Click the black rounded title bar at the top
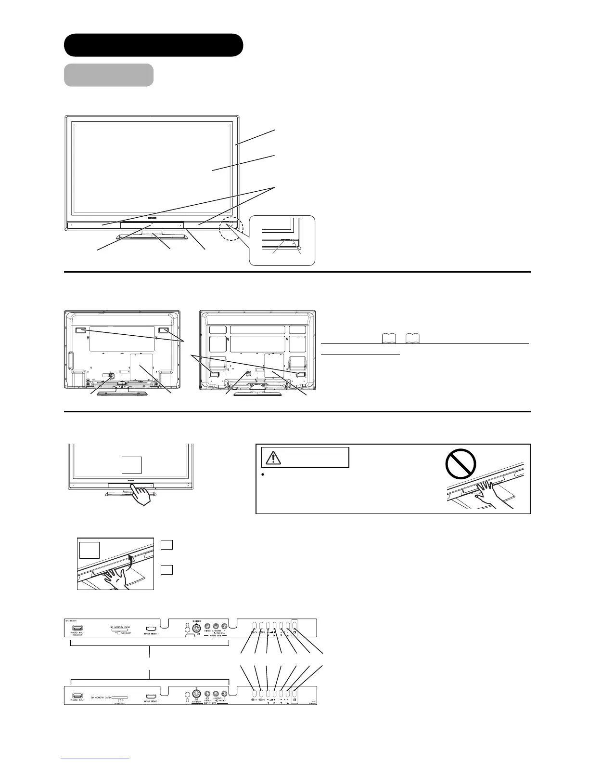coord(154,45)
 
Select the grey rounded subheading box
coord(109,75)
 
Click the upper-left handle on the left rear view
coord(80,331)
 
